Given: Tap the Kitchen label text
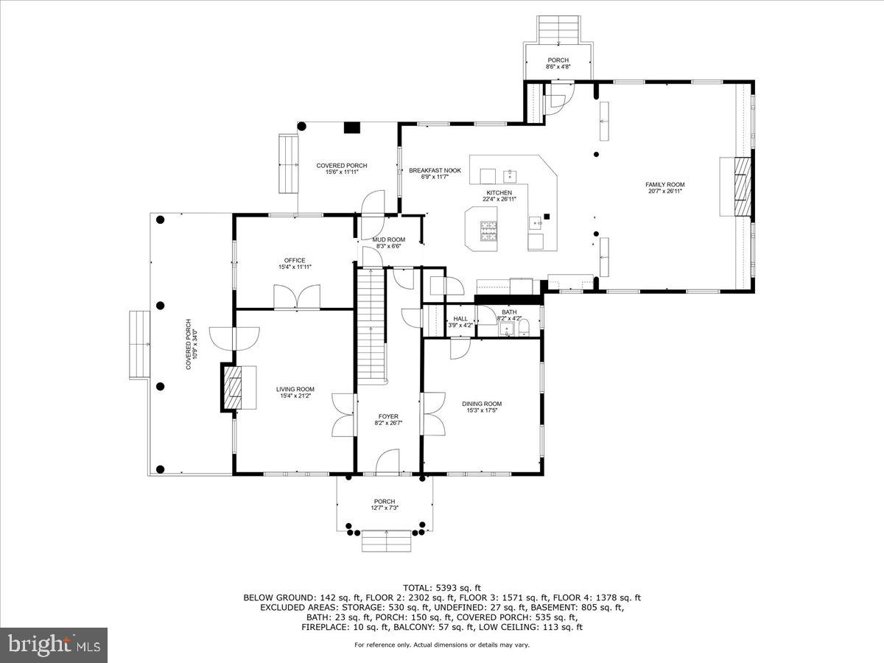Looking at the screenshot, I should pos(499,193).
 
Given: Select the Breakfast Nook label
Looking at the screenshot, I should pos(435,171).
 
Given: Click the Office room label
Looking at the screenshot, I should pos(295,260).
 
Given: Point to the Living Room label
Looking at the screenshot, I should pos(295,390).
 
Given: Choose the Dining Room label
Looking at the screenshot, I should pos(482,404).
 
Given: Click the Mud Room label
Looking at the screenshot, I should pos(388,239).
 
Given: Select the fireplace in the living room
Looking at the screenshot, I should pos(231,386).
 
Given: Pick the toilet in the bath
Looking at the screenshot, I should pos(525,328).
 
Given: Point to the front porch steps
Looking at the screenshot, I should pos(386,541).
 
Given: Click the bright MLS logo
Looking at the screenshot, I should pos(54,645).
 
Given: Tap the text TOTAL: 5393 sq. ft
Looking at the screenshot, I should pos(442,587).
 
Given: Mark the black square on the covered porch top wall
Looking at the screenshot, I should pos(351,127).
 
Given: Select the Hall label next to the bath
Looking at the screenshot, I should pos(460,319).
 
